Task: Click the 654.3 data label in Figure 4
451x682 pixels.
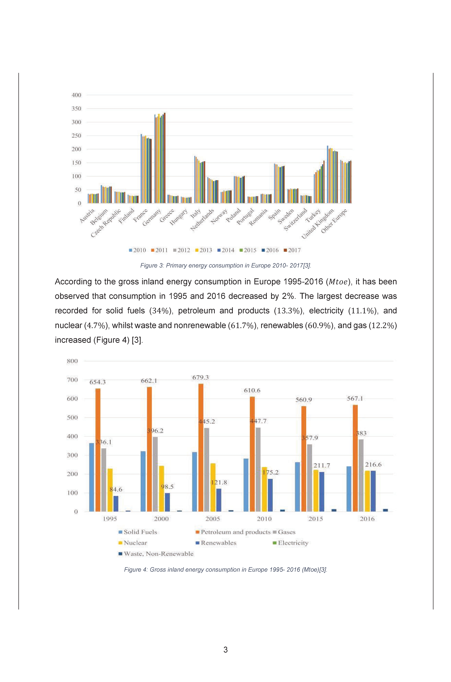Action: tap(98, 382)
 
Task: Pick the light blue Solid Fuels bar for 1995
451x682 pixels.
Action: tap(92, 478)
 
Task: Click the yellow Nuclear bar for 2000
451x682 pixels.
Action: tap(161, 489)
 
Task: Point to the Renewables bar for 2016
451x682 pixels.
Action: tap(373, 491)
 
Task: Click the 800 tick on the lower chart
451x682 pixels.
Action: tap(72, 361)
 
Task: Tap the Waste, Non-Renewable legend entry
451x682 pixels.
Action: tap(156, 554)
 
